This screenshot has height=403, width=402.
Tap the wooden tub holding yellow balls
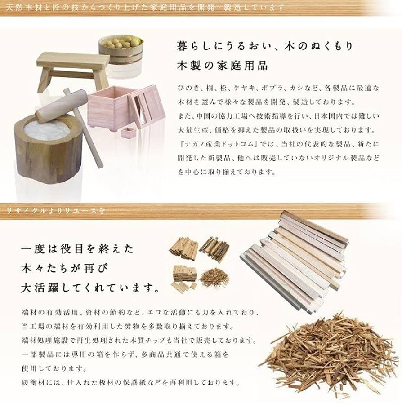120,54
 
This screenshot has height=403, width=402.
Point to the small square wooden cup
130,133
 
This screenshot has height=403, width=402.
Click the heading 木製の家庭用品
222,66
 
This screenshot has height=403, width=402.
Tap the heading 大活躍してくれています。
90,288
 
